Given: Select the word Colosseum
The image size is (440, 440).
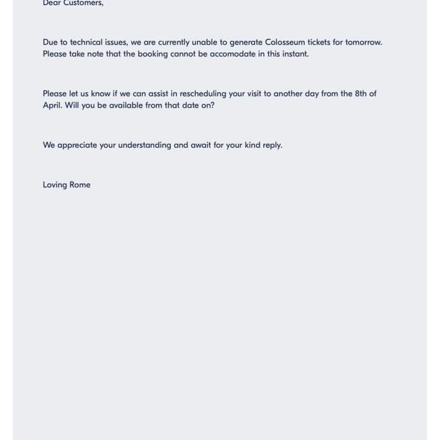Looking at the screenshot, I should coord(288,42).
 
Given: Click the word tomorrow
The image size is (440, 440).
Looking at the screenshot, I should coord(363,42).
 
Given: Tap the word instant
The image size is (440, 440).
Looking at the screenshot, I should coord(294,54).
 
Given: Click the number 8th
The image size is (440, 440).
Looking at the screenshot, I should coord(362,94).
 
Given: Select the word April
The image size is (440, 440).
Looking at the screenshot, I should coord(52,105).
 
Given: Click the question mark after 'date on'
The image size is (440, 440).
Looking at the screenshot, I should coord(213,105).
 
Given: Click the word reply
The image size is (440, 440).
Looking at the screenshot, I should coord(272,146).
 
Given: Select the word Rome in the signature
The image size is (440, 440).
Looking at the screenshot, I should coord(80,185).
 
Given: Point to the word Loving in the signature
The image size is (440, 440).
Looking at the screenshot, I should coord(54,185).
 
